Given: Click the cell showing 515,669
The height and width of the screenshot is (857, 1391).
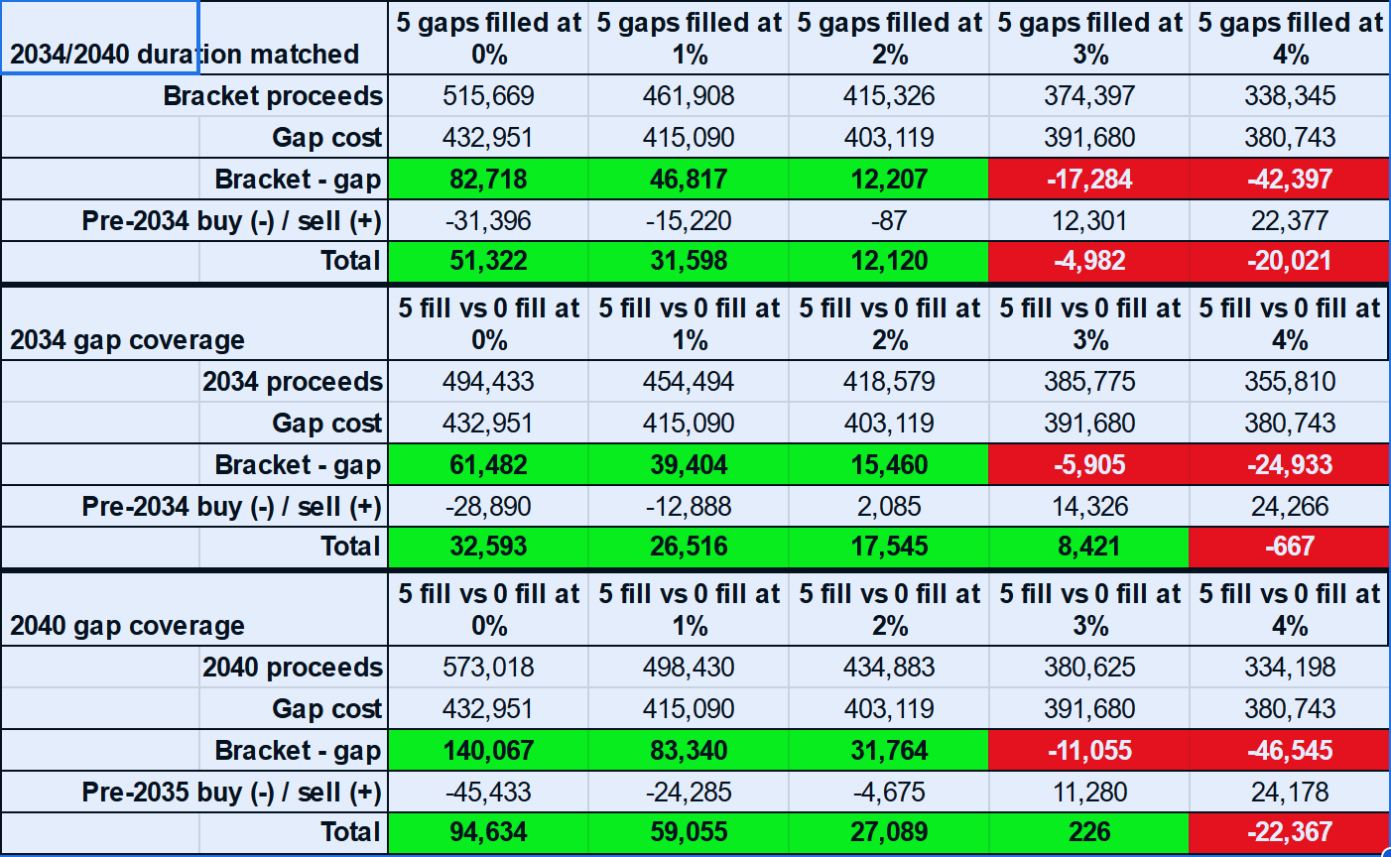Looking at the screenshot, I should coord(488,95).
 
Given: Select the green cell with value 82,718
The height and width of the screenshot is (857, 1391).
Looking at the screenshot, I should coord(488,179).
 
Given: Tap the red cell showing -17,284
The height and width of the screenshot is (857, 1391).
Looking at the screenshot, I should coord(1089,179).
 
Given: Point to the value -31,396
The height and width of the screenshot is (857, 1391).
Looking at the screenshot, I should coord(488,220).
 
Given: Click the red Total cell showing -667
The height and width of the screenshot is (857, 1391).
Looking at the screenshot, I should coord(1290,546).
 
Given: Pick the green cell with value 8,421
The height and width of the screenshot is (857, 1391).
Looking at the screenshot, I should coord(1089,546).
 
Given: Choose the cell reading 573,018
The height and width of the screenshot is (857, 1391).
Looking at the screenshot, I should coord(488,667).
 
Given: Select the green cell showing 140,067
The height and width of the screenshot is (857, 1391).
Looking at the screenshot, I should coord(488,750).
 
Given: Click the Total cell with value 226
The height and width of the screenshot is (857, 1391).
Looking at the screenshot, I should coord(1089,831).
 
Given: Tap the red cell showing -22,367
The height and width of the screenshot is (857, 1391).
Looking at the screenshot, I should coord(1290,831).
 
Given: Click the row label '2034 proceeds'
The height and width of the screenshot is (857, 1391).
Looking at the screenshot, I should coord(293,381).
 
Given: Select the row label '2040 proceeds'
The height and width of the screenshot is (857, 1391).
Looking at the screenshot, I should coord(293,667).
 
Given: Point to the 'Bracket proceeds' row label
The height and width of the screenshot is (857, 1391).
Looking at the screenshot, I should coord(273,95).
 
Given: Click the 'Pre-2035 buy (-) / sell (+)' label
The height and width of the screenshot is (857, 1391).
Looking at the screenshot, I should coord(232,792).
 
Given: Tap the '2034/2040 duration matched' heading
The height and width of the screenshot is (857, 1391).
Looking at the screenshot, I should coord(185,54).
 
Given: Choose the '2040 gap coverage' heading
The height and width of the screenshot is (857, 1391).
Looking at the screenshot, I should coord(128,625).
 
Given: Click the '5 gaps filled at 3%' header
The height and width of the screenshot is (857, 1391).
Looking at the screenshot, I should coord(1089,38).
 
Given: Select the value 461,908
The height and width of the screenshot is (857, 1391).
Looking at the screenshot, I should coord(689,95).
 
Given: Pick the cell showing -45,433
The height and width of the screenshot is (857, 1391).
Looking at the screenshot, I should coord(488,792).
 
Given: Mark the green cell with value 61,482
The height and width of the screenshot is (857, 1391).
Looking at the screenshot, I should coord(488,464).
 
